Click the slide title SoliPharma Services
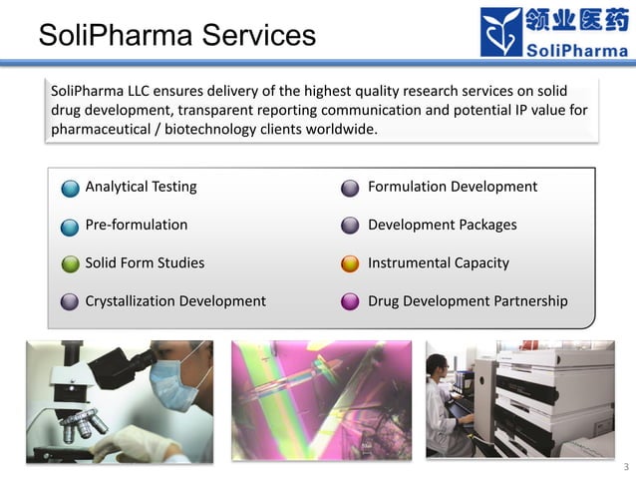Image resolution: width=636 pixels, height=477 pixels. pos(176,36)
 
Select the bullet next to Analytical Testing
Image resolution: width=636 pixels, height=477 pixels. pos(69,188)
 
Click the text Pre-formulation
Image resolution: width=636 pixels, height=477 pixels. pos(136,225)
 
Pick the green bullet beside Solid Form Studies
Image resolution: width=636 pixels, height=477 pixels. pos(69,264)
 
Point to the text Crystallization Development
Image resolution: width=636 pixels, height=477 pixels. pos(174,300)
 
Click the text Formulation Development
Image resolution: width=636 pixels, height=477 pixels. pos(452,187)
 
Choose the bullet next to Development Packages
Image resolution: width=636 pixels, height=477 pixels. pos(350,226)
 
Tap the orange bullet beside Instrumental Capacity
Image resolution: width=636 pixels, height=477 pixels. pos(350,264)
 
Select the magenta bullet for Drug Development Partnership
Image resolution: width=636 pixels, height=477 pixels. pos(350,301)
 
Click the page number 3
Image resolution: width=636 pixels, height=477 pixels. pos(626,467)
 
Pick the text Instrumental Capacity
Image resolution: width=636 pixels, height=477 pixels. pos(438,262)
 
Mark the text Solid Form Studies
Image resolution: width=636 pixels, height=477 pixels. pos(145,262)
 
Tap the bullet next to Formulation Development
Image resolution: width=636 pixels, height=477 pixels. pos(350,188)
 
